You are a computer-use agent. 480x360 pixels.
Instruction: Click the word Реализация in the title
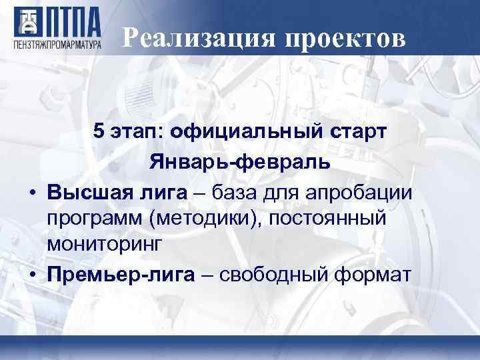point(199,39)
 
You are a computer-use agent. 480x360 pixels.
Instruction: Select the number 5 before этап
point(99,130)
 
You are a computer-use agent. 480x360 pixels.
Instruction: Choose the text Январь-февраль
point(240,161)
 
